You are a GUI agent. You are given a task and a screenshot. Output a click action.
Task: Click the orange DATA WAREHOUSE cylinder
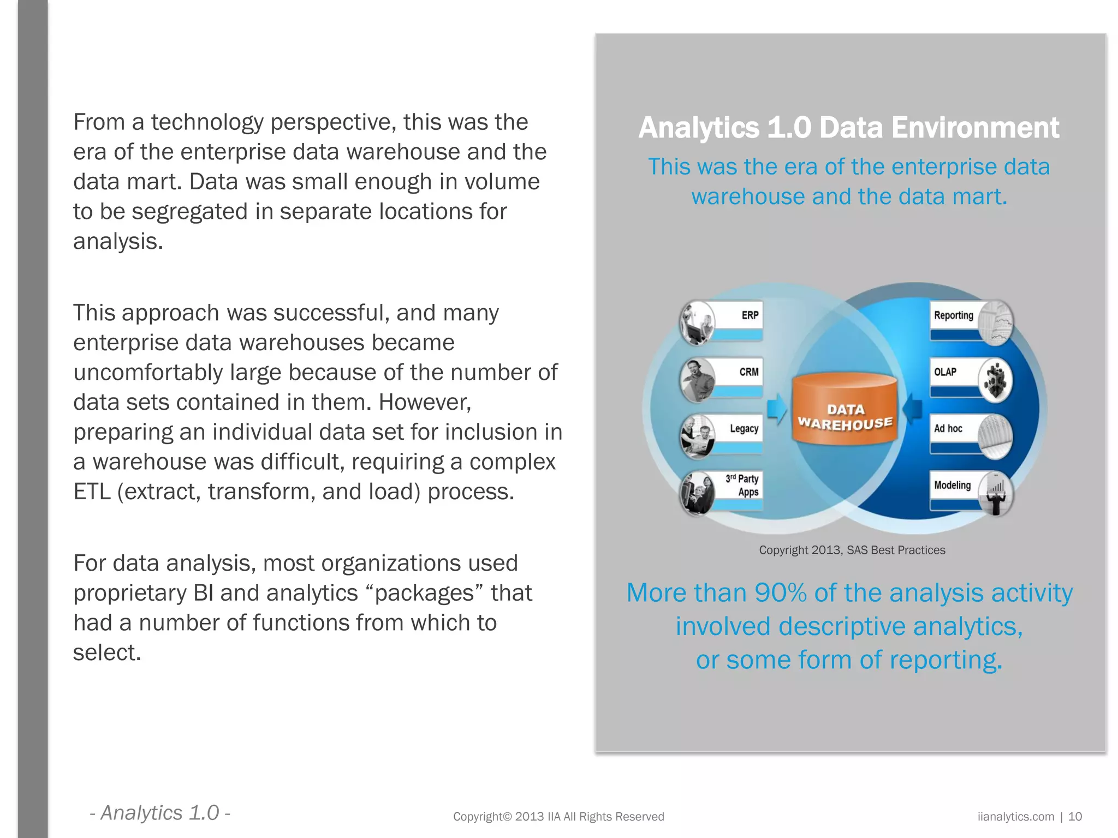(845, 410)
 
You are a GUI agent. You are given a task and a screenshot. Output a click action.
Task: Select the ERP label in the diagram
(750, 315)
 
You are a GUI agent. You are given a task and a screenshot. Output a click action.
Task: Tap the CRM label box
(748, 372)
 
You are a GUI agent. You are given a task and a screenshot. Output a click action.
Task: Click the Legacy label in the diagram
(744, 429)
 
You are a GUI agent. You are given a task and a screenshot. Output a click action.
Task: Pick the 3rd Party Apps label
(742, 485)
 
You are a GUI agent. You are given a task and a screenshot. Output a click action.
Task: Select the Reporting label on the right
(953, 315)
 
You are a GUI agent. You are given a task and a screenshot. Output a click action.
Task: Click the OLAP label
(945, 372)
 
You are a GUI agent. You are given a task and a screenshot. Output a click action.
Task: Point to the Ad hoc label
(948, 429)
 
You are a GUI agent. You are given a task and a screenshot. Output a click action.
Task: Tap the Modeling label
(952, 485)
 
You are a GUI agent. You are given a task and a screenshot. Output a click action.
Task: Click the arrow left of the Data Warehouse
(776, 409)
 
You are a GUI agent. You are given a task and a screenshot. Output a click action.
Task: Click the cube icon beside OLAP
(995, 380)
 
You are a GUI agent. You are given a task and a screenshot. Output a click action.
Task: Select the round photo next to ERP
(697, 323)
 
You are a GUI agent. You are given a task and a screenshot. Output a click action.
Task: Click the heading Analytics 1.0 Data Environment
(848, 128)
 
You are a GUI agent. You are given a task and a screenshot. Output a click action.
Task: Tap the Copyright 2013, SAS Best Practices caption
(852, 550)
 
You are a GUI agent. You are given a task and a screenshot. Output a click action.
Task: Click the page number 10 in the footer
(1074, 817)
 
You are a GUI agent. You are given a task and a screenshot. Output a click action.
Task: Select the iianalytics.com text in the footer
(1015, 817)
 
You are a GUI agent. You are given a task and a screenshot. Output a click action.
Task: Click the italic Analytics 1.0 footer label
(159, 813)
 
